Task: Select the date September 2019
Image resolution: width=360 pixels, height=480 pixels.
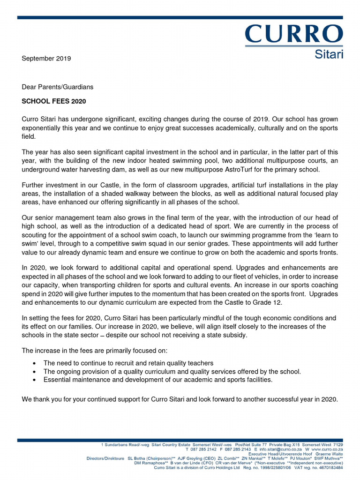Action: coord(46,59)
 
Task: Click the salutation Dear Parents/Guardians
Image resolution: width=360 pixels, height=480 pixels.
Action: coord(58,87)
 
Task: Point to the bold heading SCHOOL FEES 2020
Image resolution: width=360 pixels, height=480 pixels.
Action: coord(54,101)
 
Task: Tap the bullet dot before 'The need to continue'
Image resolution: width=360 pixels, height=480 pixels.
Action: coord(35,363)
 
